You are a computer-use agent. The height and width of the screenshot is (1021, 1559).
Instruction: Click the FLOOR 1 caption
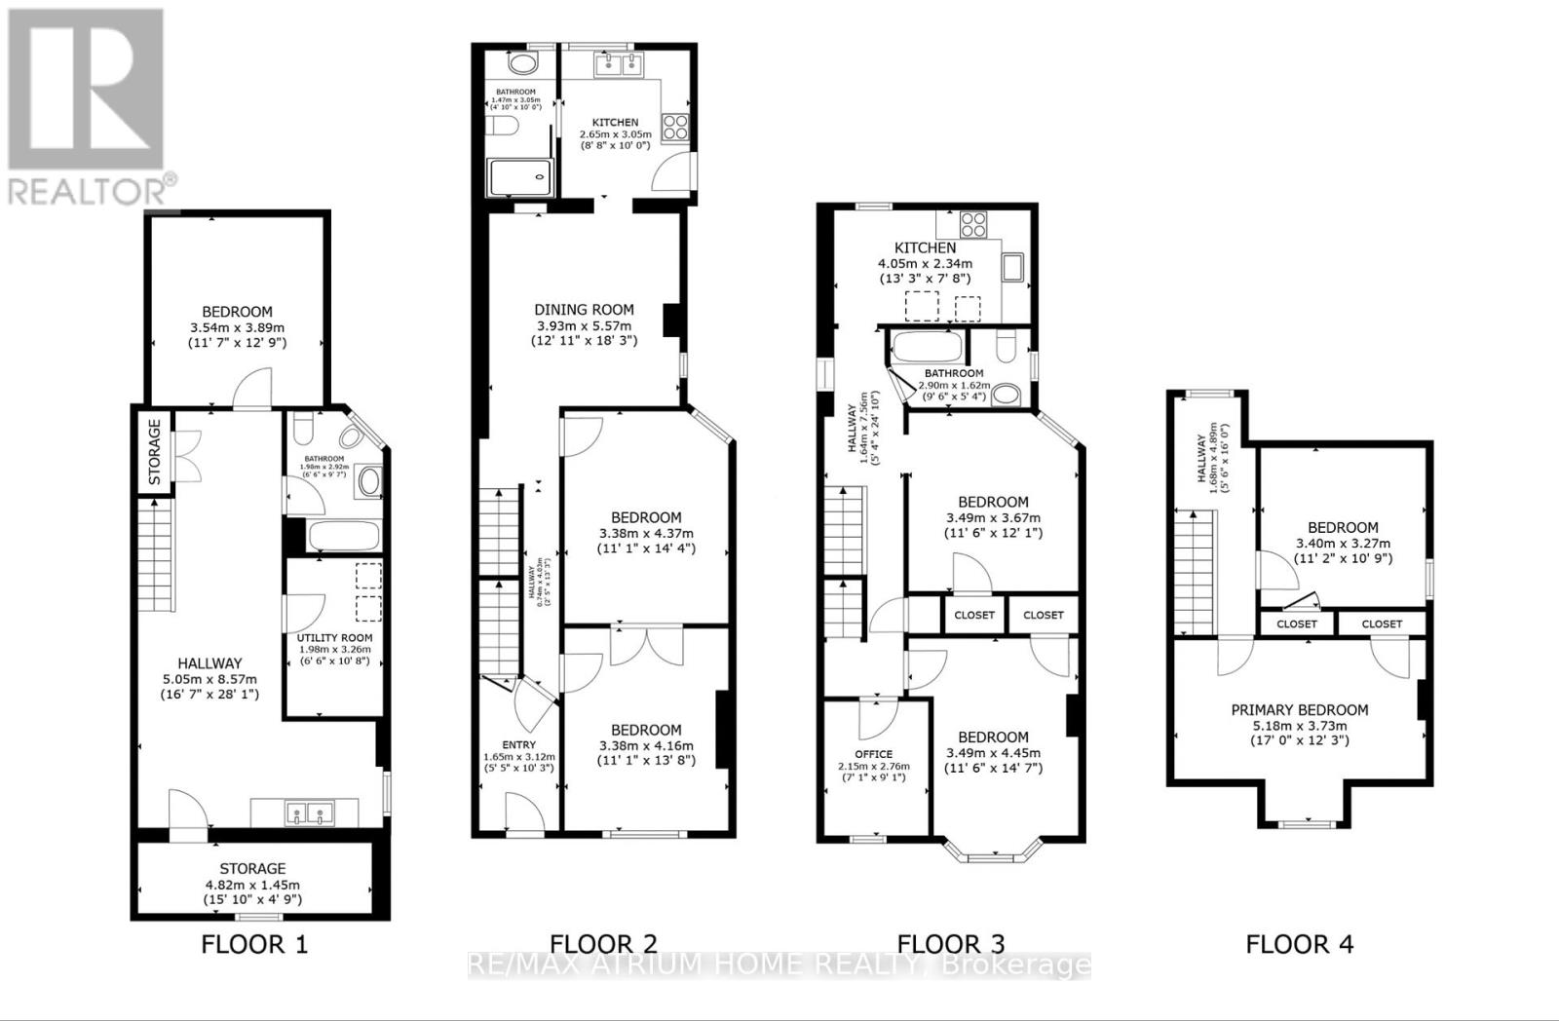pyautogui.click(x=254, y=944)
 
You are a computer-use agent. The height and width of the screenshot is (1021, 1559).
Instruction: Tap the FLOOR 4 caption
pyautogui.click(x=1300, y=944)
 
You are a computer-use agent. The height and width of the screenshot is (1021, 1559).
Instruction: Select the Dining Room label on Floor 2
pyautogui.click(x=584, y=310)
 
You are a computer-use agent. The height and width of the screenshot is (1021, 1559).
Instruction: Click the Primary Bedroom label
pyautogui.click(x=1299, y=710)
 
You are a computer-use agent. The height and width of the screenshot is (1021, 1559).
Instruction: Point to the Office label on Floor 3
pyautogui.click(x=873, y=754)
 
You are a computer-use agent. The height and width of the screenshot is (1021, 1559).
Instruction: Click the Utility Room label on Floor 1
pyautogui.click(x=334, y=637)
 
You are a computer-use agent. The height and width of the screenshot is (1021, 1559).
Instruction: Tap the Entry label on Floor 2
pyautogui.click(x=518, y=744)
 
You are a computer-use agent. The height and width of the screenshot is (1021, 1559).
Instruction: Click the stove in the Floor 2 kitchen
pyautogui.click(x=675, y=126)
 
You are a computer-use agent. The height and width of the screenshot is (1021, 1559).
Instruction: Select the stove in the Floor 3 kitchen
pyautogui.click(x=972, y=225)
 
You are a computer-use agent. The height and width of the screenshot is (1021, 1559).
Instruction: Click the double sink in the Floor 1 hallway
pyautogui.click(x=304, y=813)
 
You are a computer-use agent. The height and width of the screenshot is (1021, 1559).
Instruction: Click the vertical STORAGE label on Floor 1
pyautogui.click(x=154, y=452)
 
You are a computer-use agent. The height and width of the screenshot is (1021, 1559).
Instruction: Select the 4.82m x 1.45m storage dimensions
pyautogui.click(x=252, y=885)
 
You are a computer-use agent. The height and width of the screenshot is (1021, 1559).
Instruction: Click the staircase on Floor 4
pyautogui.click(x=1195, y=574)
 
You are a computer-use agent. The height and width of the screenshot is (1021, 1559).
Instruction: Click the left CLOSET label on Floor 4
pyautogui.click(x=1296, y=624)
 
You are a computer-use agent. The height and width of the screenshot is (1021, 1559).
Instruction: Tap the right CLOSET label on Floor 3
pyautogui.click(x=1044, y=615)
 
